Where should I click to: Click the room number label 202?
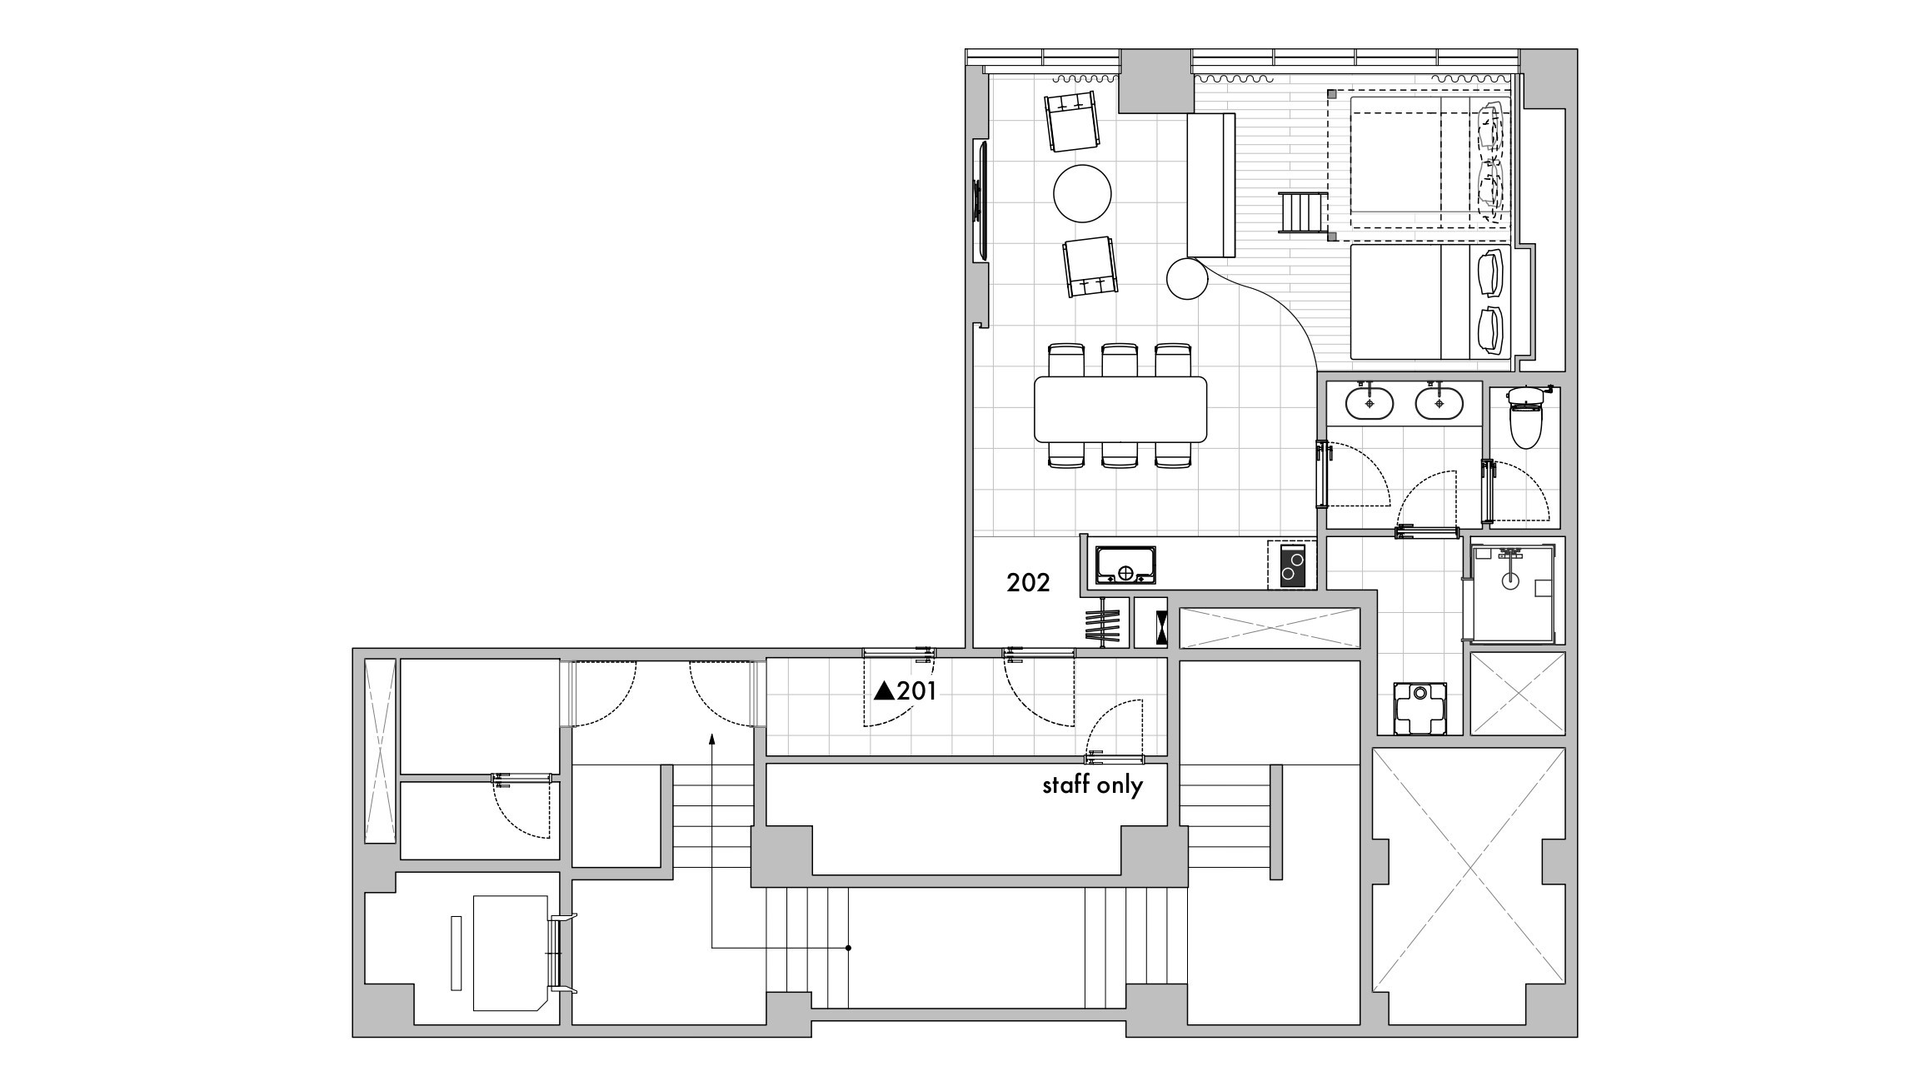pyautogui.click(x=1028, y=583)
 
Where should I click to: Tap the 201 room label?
pyautogui.click(x=917, y=690)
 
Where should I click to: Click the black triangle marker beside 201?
pyautogui.click(x=884, y=691)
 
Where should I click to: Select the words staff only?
pyautogui.click(x=1093, y=785)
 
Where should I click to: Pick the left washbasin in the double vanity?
pyautogui.click(x=1370, y=403)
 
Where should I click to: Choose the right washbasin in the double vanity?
pyautogui.click(x=1439, y=403)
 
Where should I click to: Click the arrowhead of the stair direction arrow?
pyautogui.click(x=712, y=738)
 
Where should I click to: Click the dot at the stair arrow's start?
pyautogui.click(x=848, y=948)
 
